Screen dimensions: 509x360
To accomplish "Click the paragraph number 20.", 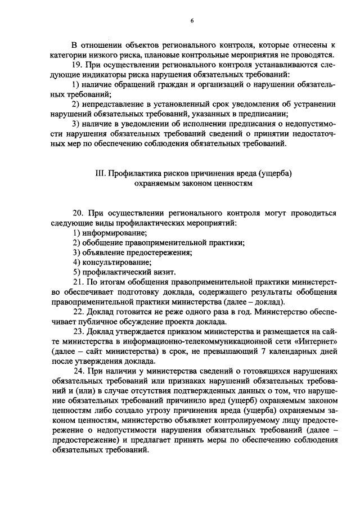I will pos(78,213).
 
